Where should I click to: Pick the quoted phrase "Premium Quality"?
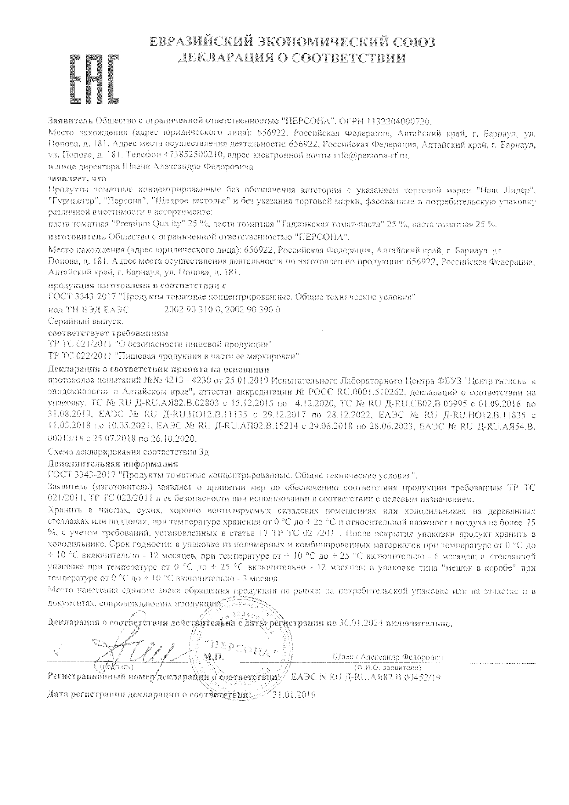click(x=148, y=224)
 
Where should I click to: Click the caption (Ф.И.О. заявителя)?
click(x=388, y=666)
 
